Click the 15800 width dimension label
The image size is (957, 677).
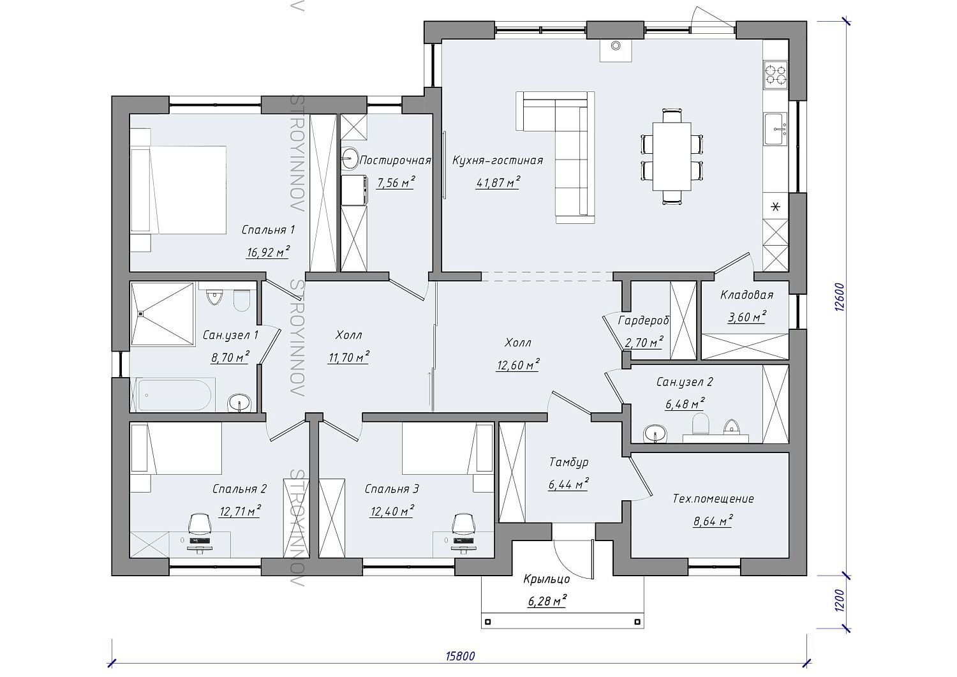pos(460,656)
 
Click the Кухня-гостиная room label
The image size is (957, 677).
pos(498,161)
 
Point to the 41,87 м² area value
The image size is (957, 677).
pos(498,183)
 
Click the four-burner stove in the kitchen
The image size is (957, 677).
pos(776,75)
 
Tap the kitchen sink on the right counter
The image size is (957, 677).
pos(775,129)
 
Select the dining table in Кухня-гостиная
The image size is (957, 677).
pos(672,156)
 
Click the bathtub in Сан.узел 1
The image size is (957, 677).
pos(174,395)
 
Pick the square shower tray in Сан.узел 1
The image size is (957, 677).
pos(163,314)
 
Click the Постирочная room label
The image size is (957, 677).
pos(395,161)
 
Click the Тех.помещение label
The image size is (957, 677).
pos(713,499)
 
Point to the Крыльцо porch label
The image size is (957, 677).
pos(547,579)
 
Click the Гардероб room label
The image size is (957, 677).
pos(644,320)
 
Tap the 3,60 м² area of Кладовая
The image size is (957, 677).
pos(747,317)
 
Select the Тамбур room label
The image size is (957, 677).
pos(568,462)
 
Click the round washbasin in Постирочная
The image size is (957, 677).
pos(350,158)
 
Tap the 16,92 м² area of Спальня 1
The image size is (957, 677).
pos(269,252)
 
